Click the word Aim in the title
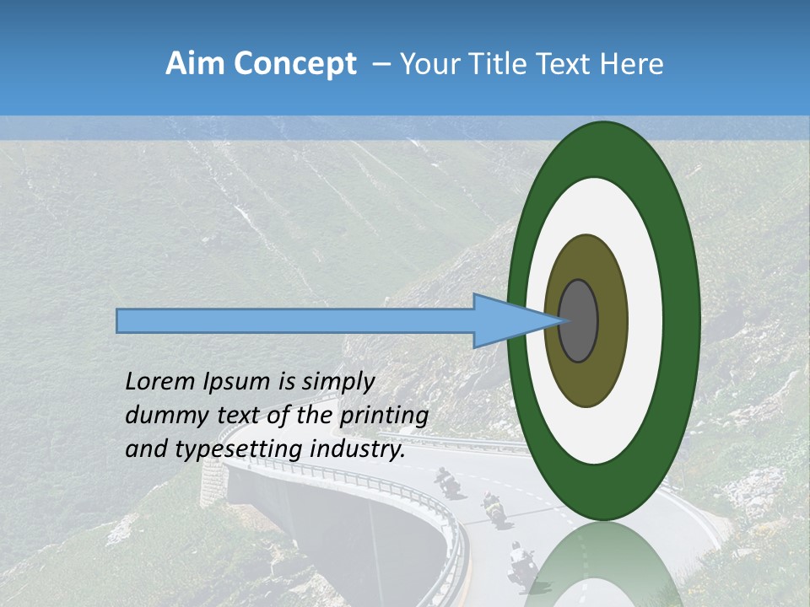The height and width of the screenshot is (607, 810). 195,64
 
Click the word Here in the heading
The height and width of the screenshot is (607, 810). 633,64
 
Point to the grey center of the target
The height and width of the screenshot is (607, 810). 579,320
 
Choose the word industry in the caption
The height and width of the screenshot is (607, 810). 357,449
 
